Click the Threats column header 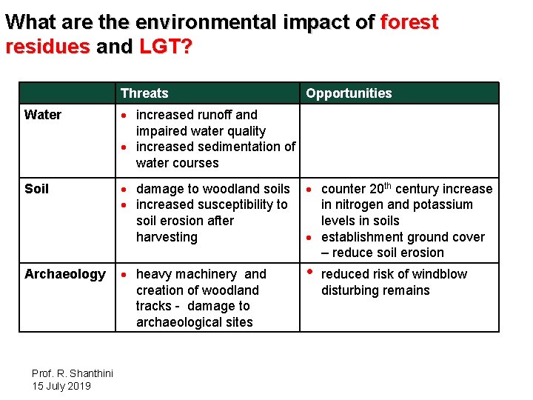[144, 93]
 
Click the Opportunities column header [349, 93]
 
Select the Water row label [43, 115]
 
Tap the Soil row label [36, 189]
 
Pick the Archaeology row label [65, 274]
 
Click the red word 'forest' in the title [409, 22]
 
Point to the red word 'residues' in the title [47, 47]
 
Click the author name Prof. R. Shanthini [72, 373]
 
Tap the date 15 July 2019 [61, 386]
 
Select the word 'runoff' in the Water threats [220, 115]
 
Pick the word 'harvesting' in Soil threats [167, 237]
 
